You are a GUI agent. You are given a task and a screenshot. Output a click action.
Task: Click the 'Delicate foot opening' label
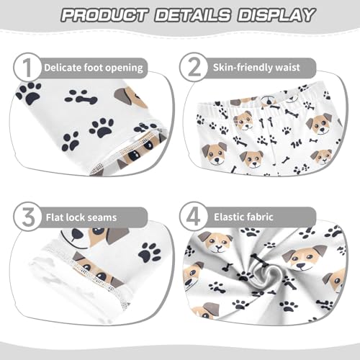click(x=93, y=68)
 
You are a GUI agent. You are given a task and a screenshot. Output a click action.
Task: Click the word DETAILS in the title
click(x=188, y=15)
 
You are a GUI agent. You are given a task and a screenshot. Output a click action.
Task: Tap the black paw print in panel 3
click(x=150, y=251)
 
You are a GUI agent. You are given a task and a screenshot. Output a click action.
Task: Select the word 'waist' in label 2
click(x=302, y=68)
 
